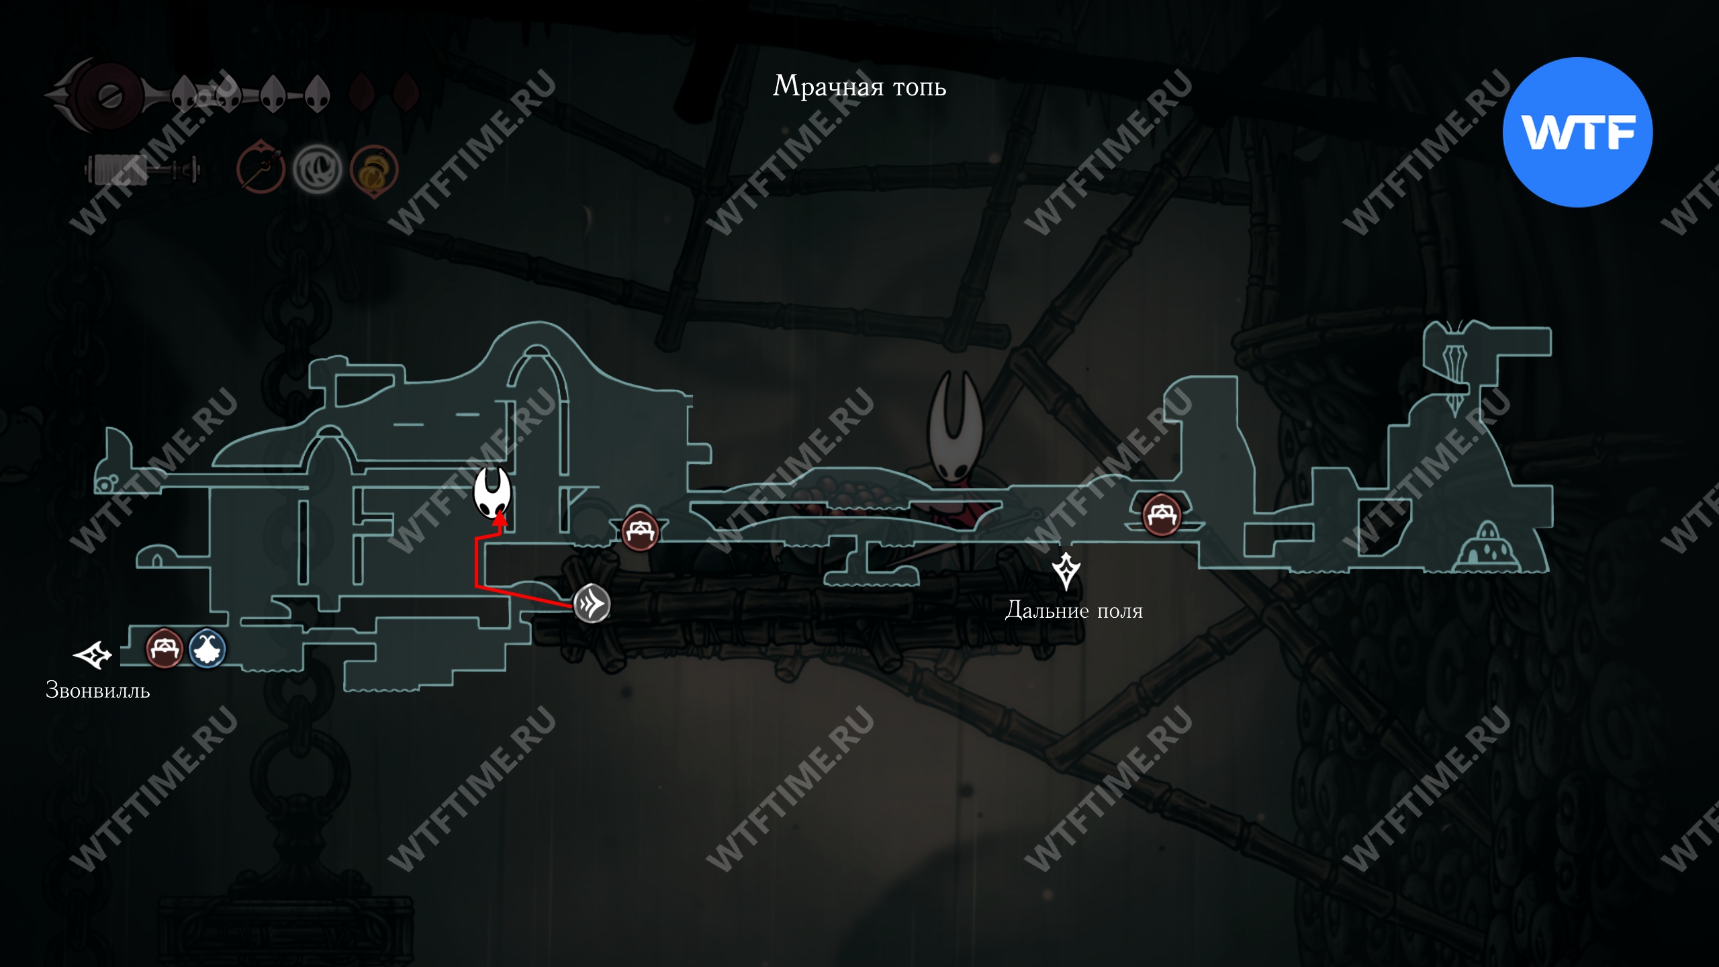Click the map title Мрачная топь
click(x=859, y=87)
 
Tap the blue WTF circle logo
click(x=1577, y=132)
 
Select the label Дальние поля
click(x=1073, y=610)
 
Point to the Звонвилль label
click(x=97, y=690)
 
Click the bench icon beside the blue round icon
click(x=165, y=648)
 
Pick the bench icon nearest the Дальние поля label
click(x=1161, y=515)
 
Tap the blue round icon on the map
click(x=207, y=649)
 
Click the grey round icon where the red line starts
click(x=592, y=604)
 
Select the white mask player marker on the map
click(x=492, y=492)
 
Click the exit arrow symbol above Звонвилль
click(x=92, y=655)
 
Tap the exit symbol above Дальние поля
click(x=1066, y=571)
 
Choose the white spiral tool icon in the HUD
click(x=317, y=169)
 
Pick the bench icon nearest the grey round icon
click(x=639, y=531)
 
